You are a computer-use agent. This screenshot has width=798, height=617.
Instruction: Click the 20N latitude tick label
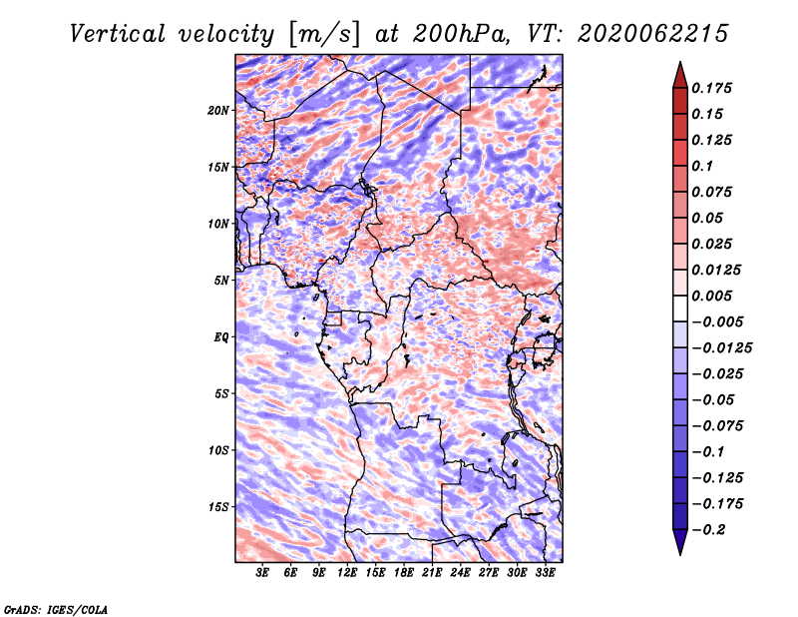click(218, 111)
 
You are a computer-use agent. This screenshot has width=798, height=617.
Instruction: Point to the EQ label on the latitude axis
click(220, 337)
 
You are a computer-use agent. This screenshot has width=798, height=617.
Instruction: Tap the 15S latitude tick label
click(218, 507)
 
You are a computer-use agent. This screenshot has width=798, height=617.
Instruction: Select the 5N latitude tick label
click(221, 281)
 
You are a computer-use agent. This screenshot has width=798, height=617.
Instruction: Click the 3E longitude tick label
click(262, 572)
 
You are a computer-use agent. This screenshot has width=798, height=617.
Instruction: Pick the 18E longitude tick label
click(404, 572)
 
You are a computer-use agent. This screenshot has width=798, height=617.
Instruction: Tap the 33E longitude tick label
click(545, 572)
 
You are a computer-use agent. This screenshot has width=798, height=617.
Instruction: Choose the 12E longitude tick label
click(347, 572)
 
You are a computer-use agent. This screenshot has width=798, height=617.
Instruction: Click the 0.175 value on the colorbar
click(711, 88)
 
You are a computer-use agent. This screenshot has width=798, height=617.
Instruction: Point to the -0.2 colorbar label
click(708, 530)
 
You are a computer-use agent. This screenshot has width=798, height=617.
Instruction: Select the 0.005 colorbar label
click(711, 296)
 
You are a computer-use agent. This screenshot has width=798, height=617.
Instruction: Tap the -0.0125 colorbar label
click(721, 348)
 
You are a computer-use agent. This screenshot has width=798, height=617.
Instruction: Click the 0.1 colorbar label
click(702, 166)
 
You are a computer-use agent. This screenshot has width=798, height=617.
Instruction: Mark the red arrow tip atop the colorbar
click(680, 62)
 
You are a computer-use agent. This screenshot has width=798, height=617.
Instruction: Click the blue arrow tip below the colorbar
click(680, 554)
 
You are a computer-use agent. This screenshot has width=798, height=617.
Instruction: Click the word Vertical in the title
click(117, 34)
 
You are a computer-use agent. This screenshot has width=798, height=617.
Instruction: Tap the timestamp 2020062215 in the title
click(653, 34)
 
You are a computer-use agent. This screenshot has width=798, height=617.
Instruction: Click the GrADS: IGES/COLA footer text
click(56, 610)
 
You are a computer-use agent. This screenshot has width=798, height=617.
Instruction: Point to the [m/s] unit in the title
click(325, 34)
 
